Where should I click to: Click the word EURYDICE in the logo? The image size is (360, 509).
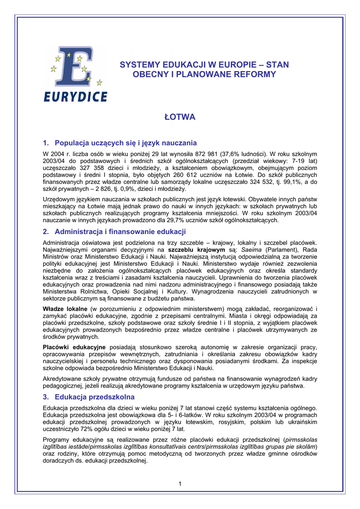tap(75, 96)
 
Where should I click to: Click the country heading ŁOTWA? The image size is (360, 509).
tap(180, 117)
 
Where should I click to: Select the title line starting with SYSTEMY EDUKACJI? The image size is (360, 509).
tap(204, 65)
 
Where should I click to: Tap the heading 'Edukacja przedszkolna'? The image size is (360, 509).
tap(94, 397)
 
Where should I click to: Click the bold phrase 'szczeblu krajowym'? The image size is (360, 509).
tap(196, 250)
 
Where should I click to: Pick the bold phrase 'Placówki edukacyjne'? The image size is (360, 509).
tap(74, 346)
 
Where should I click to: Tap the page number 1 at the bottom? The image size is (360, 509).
tap(180, 484)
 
